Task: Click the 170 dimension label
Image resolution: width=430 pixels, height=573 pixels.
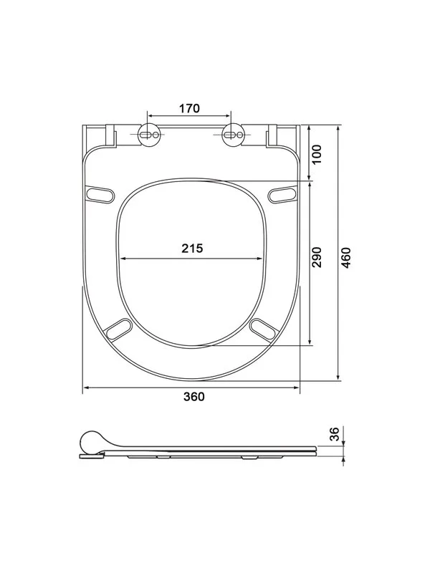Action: click(x=189, y=109)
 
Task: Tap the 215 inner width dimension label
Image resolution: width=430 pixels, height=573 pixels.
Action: click(x=192, y=249)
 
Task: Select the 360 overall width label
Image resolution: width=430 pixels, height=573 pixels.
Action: click(x=194, y=397)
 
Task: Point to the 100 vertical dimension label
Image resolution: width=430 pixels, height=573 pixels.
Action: click(x=317, y=155)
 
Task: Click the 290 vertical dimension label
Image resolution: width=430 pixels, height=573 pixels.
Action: click(x=317, y=257)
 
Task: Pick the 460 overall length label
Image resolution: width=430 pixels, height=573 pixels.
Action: click(x=346, y=257)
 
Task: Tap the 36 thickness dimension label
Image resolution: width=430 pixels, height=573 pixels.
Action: click(x=335, y=434)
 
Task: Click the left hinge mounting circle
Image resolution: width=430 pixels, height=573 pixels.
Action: click(x=150, y=135)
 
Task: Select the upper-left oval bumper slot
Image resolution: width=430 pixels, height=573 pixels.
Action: click(x=100, y=194)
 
